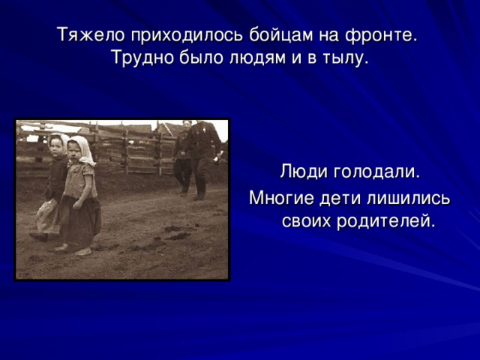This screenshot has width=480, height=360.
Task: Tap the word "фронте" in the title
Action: click(382, 36)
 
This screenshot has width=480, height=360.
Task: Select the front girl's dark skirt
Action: click(80, 217)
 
